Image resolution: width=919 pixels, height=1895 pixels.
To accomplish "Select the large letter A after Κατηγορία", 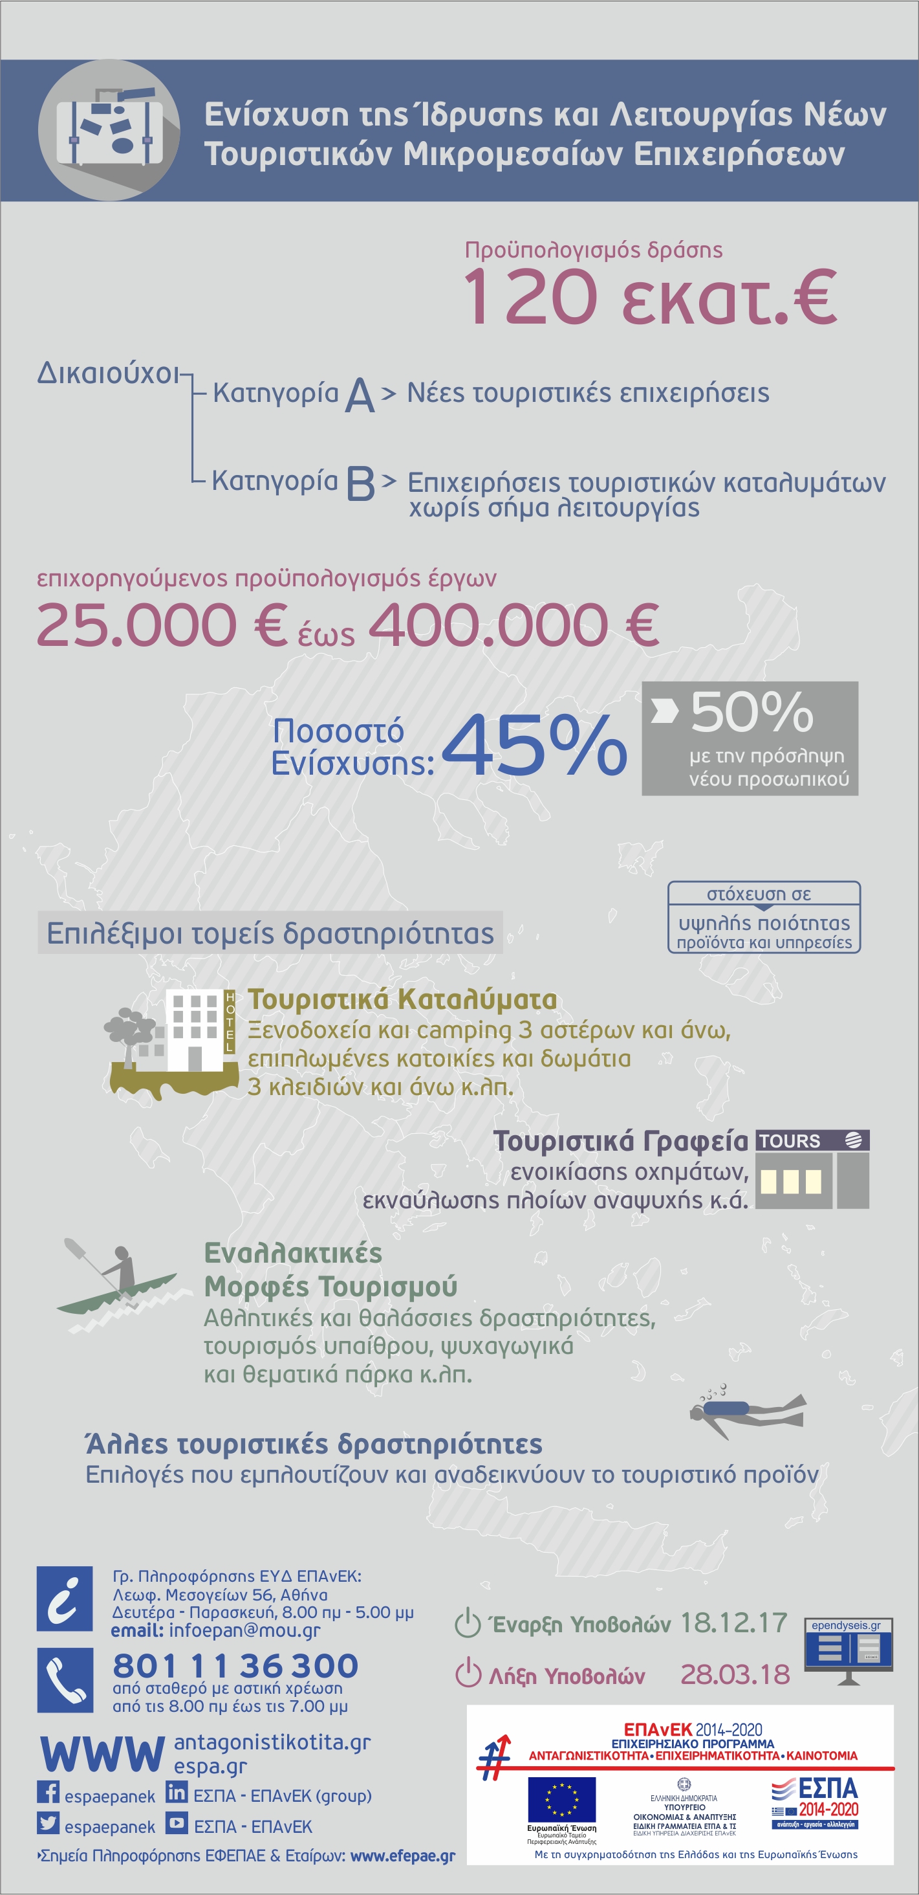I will (360, 395).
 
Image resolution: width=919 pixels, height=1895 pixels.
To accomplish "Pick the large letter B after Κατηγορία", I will (360, 483).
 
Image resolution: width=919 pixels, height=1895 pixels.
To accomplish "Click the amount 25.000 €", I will (161, 625).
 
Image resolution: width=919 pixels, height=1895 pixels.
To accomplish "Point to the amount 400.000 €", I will (513, 625).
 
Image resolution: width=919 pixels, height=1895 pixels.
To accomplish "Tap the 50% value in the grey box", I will (751, 711).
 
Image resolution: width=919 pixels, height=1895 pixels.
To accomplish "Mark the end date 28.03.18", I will (735, 1674).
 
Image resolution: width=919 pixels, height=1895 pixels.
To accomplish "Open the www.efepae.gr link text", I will (403, 1856).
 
